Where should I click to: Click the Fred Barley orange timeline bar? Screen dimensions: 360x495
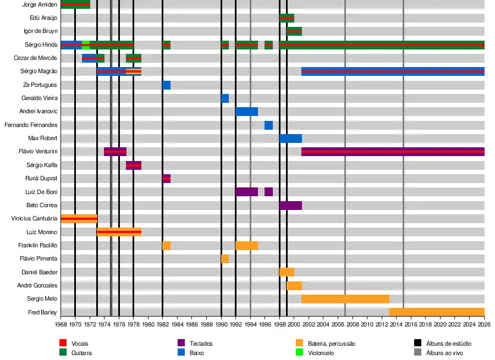(x=436, y=312)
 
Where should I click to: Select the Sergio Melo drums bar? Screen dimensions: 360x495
(x=345, y=299)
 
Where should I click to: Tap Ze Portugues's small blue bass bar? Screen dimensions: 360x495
(x=166, y=85)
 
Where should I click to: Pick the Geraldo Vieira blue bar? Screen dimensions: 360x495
(x=225, y=98)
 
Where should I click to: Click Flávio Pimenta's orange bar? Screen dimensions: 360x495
(x=225, y=259)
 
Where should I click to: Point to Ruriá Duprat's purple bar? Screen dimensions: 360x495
(x=166, y=179)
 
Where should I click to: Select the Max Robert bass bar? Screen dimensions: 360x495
(x=290, y=139)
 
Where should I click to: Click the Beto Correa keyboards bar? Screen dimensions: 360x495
(x=290, y=206)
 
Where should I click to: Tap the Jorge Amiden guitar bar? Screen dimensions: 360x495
(x=75, y=4)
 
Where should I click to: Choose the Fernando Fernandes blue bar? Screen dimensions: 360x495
(x=268, y=125)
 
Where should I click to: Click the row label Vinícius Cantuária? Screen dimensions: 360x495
(x=34, y=219)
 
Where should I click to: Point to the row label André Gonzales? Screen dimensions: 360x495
(x=37, y=286)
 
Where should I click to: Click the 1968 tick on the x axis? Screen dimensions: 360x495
(x=61, y=325)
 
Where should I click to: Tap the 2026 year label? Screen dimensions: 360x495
(x=484, y=325)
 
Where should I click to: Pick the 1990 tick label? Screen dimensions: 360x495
(x=221, y=325)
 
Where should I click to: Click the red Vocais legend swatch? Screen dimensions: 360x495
(x=63, y=343)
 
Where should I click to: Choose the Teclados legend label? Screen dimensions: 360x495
(x=201, y=344)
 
